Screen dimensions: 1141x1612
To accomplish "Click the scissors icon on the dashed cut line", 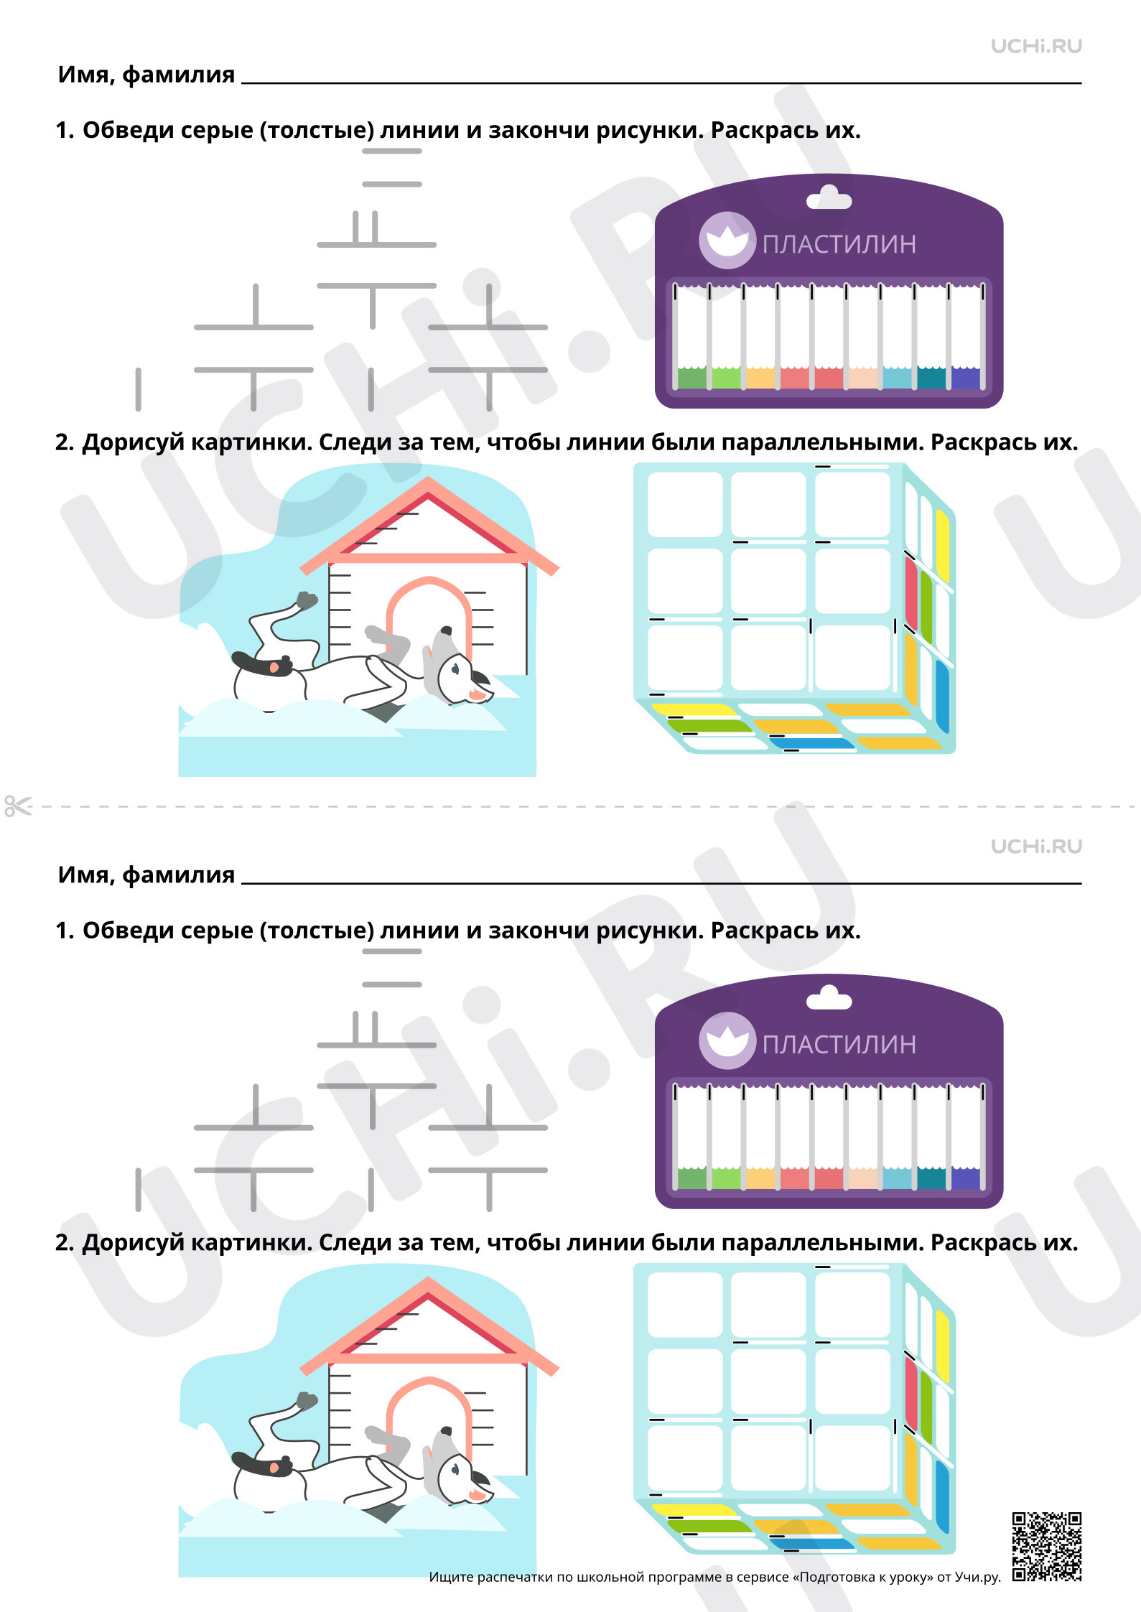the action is pyautogui.click(x=17, y=806).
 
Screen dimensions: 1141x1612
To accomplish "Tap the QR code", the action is pyautogui.click(x=1047, y=1547).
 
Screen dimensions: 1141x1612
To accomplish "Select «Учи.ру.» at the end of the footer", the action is pyautogui.click(x=978, y=1577).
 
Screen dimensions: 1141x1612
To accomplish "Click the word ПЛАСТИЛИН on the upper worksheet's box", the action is pyautogui.click(x=839, y=244).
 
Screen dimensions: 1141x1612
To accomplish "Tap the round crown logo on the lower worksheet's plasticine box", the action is pyautogui.click(x=727, y=1040).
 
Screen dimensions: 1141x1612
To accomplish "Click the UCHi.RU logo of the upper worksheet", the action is pyautogui.click(x=1036, y=46).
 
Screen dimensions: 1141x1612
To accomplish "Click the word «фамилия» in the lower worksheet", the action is pyautogui.click(x=179, y=875).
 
